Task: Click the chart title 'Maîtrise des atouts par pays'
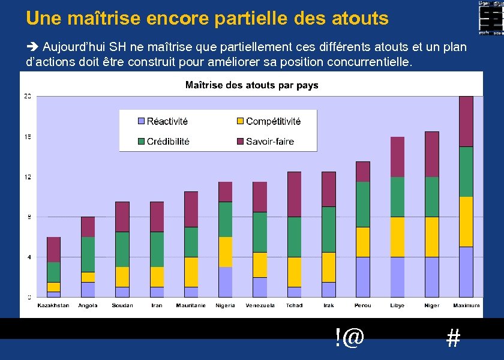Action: click(251, 85)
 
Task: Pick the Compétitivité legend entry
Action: click(268, 121)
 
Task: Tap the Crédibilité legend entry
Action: click(163, 142)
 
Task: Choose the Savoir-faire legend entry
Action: click(264, 142)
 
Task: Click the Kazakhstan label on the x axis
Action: click(53, 305)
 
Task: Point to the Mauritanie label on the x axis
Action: click(191, 305)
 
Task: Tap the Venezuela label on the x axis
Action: click(260, 305)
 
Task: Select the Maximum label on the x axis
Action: click(466, 305)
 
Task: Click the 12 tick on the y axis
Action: click(28, 177)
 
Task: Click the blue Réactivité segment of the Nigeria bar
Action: click(225, 282)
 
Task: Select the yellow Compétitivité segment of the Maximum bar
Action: click(466, 221)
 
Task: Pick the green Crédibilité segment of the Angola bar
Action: click(88, 254)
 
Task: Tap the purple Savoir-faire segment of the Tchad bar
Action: click(294, 194)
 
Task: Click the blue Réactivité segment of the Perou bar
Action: click(363, 277)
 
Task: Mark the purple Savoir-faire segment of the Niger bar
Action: click(432, 154)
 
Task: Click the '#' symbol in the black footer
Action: click(454, 340)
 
